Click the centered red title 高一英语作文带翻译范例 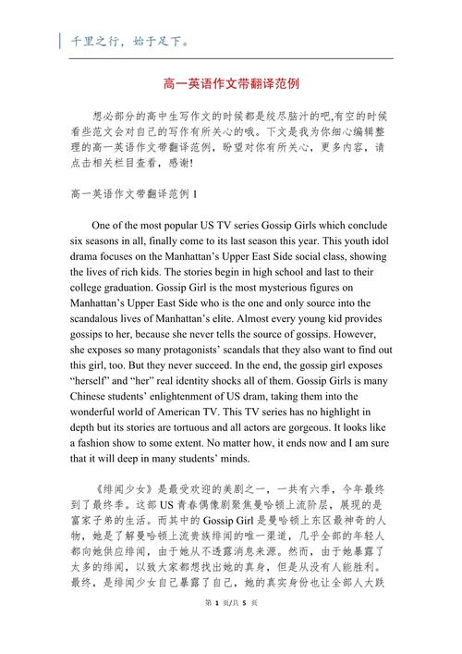pos(231,83)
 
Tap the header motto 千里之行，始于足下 pos(125,41)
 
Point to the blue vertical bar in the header pos(60,41)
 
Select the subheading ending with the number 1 pos(134,192)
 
